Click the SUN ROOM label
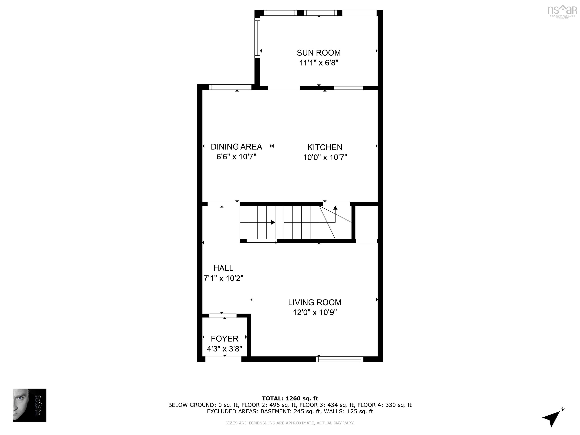pyautogui.click(x=319, y=53)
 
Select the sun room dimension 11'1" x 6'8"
pyautogui.click(x=319, y=63)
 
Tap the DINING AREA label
pyautogui.click(x=236, y=147)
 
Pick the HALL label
pyautogui.click(x=223, y=268)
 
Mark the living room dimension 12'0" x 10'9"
pyautogui.click(x=315, y=312)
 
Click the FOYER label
pyautogui.click(x=224, y=339)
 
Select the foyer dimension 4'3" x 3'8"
pyautogui.click(x=224, y=349)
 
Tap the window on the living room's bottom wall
pyautogui.click(x=339, y=359)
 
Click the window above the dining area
pyautogui.click(x=230, y=87)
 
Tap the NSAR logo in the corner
pyautogui.click(x=562, y=11)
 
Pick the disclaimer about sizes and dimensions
pyautogui.click(x=290, y=423)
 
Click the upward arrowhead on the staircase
pyautogui.click(x=335, y=208)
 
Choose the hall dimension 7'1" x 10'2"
pyautogui.click(x=223, y=278)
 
